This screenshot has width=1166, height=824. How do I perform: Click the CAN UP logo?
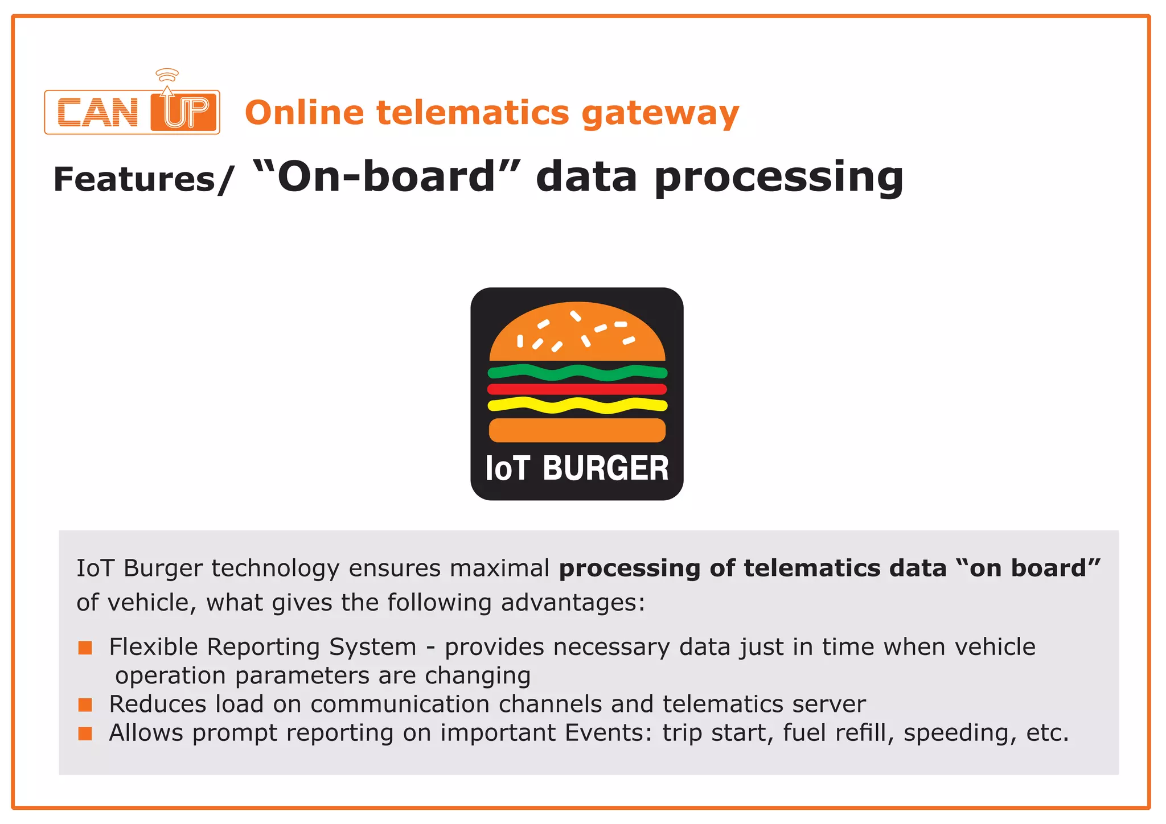132,112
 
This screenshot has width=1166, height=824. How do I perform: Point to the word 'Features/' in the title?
143,179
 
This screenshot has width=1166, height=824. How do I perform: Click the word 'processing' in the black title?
778,178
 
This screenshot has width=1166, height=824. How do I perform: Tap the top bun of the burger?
577,333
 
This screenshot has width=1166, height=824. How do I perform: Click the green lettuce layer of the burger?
577,373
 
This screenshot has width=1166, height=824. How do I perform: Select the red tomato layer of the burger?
577,389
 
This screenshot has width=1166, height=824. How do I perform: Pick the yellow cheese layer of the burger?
577,405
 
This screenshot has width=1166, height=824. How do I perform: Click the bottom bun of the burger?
577,430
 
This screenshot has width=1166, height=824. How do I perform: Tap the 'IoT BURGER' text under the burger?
577,468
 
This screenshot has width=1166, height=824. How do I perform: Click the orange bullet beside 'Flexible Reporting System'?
85,648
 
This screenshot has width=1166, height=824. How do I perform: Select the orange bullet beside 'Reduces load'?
85,705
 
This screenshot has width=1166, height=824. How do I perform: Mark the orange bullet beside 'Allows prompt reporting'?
85,734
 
